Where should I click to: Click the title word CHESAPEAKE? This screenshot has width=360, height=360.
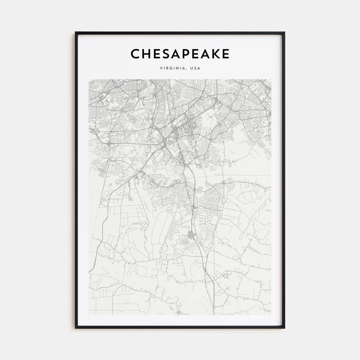pos(180,54)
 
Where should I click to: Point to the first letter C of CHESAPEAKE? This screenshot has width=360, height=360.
pos(135,54)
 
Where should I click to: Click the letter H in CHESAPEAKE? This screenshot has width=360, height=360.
pos(145,54)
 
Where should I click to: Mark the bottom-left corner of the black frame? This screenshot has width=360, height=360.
pos(76,328)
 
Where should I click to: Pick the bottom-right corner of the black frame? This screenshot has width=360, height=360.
pos(284,328)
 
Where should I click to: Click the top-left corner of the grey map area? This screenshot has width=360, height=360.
pos(89,79)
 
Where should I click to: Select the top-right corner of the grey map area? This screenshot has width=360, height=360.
pos(271,79)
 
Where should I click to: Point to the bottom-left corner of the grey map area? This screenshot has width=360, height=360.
pos(89,315)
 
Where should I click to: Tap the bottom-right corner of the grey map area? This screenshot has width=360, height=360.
pos(271,315)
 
